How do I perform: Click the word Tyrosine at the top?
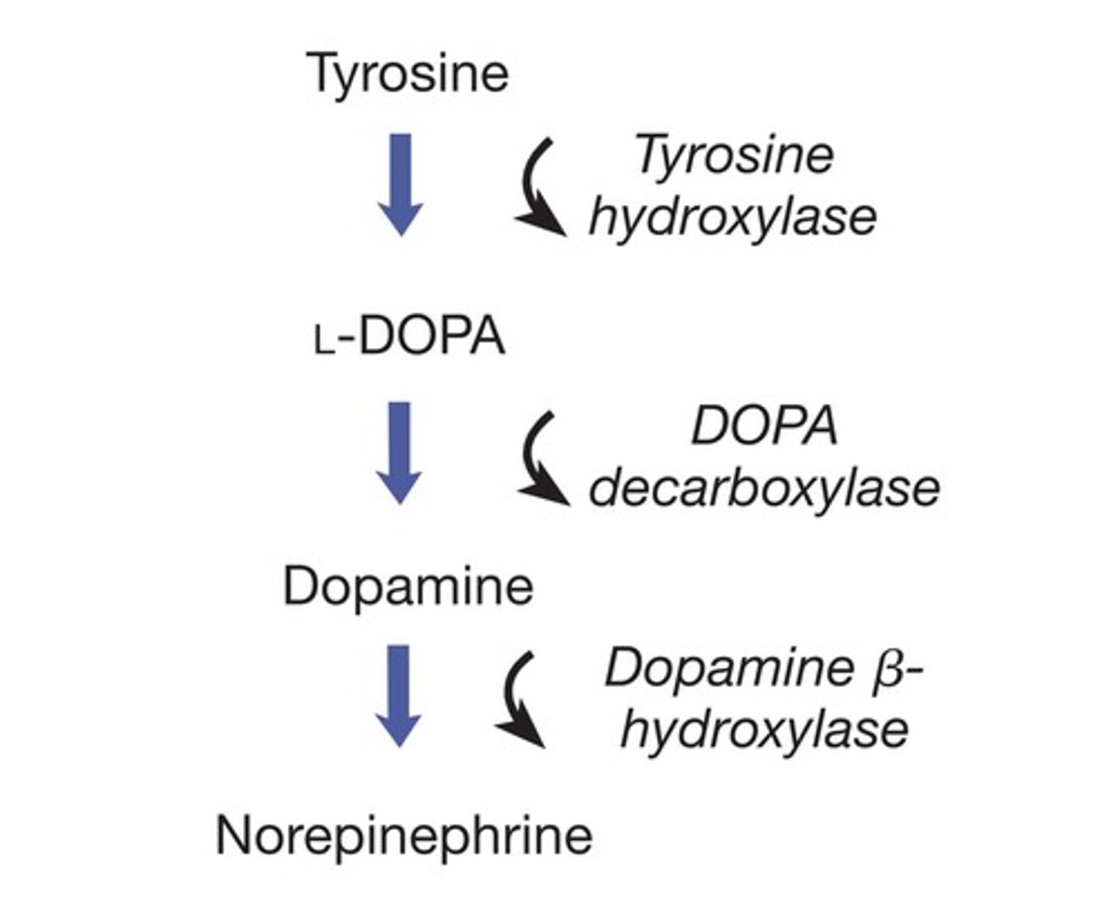[x=409, y=74]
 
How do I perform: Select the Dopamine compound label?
[x=408, y=586]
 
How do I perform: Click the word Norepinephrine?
[x=404, y=836]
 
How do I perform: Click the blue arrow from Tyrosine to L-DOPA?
[x=400, y=182]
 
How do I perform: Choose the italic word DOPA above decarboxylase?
[x=765, y=426]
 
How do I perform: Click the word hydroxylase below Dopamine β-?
[x=765, y=729]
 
